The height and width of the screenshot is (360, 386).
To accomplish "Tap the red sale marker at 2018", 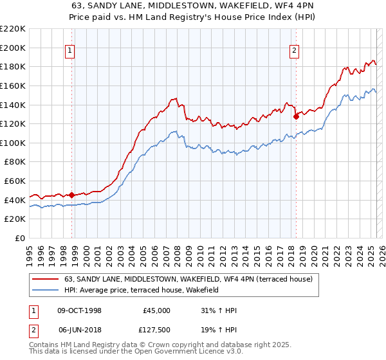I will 297,116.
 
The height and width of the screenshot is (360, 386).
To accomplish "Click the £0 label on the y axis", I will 19,238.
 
